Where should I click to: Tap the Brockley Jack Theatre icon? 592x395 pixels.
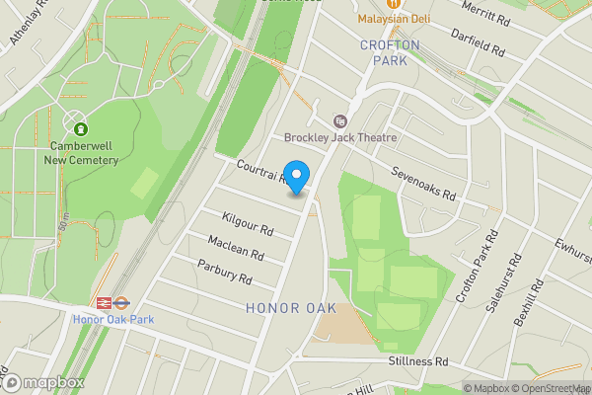(341, 120)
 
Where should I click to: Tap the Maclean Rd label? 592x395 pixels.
(236, 248)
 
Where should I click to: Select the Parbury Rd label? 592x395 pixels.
(225, 272)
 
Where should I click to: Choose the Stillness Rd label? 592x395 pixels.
(417, 361)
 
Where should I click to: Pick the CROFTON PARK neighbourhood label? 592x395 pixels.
(391, 52)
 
